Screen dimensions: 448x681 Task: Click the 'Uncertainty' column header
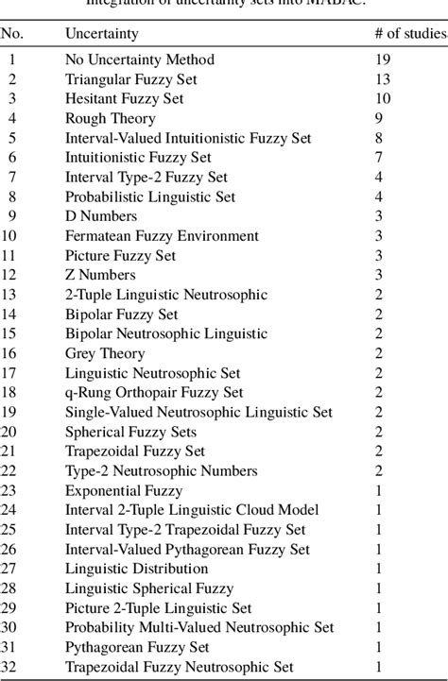(x=101, y=35)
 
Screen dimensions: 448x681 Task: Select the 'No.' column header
(x=12, y=35)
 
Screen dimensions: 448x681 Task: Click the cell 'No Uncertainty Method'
(x=139, y=60)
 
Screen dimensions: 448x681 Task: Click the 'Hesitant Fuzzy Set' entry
(x=124, y=98)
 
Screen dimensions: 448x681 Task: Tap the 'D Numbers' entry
(x=99, y=216)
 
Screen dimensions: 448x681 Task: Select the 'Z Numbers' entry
(x=99, y=275)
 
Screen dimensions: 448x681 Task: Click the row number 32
(x=12, y=667)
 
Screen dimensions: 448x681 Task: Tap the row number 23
(x=12, y=491)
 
